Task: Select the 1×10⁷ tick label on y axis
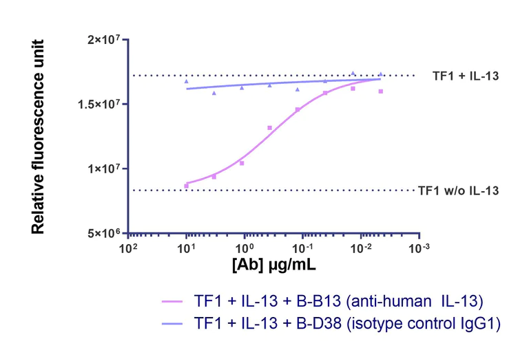click(105, 168)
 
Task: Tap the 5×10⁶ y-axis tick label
click(105, 233)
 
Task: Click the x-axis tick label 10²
click(128, 248)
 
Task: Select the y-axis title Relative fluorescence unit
click(39, 136)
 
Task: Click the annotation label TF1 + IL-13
click(465, 76)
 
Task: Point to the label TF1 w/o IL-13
click(458, 190)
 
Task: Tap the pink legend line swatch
click(173, 302)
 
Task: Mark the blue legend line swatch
click(173, 322)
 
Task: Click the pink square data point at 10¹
click(187, 186)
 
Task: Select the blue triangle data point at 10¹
click(187, 81)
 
